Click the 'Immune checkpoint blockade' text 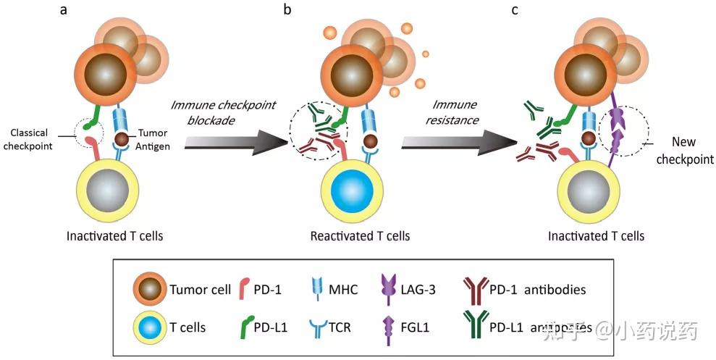pos(224,112)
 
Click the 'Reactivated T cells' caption pos(359,236)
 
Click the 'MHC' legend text pos(342,290)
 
